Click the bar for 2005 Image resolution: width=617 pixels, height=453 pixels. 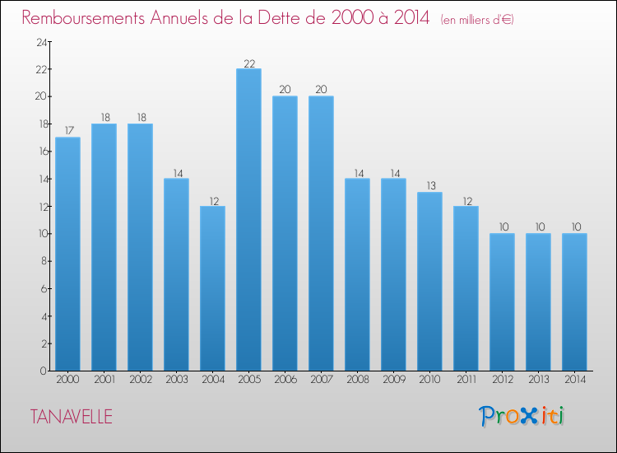pyautogui.click(x=248, y=219)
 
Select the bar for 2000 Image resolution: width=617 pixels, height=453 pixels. pyautogui.click(x=67, y=254)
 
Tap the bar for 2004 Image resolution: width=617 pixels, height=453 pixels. pyautogui.click(x=212, y=288)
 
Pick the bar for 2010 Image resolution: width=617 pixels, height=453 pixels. pyautogui.click(x=429, y=281)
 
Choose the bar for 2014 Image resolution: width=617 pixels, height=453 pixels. pyautogui.click(x=574, y=301)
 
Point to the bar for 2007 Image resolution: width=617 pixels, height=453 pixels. pyautogui.click(x=321, y=233)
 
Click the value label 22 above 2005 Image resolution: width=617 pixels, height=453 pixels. pyautogui.click(x=248, y=63)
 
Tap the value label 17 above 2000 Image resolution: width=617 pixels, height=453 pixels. pyautogui.click(x=67, y=131)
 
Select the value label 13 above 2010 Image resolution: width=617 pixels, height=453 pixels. pyautogui.click(x=429, y=186)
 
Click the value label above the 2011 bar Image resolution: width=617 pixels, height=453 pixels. pyautogui.click(x=466, y=200)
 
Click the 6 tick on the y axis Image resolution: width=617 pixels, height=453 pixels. pyautogui.click(x=44, y=288)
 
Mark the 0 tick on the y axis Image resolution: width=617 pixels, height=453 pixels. pyautogui.click(x=44, y=371)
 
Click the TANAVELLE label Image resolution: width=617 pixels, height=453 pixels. pyautogui.click(x=72, y=417)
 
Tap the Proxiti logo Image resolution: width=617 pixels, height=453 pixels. pyautogui.click(x=521, y=416)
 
